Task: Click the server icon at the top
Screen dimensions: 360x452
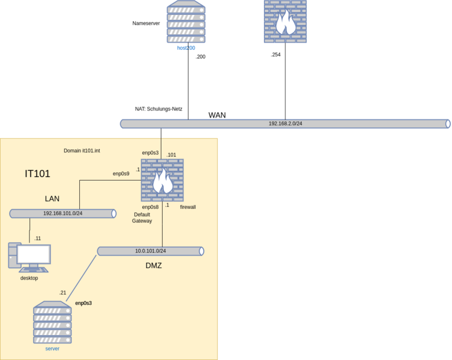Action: (x=186, y=22)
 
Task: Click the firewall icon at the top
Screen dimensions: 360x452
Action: (x=285, y=22)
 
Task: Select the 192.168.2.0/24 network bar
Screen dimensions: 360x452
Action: (x=285, y=124)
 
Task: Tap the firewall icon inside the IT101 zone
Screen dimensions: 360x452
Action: (x=162, y=180)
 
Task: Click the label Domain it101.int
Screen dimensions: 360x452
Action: (x=82, y=151)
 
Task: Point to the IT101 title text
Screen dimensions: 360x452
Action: (x=37, y=174)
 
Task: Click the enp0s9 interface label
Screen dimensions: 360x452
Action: (x=121, y=174)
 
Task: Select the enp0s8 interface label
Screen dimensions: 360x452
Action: (x=150, y=207)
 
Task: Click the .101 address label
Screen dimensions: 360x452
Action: (x=171, y=155)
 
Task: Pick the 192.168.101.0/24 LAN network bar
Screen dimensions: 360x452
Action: (x=62, y=213)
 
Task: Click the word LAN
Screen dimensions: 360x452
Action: (x=52, y=199)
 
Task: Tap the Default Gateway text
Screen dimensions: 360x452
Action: (x=142, y=218)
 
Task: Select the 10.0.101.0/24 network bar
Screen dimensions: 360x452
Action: (x=150, y=251)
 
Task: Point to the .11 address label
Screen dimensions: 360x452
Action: (x=37, y=238)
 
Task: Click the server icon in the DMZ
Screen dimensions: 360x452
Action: (x=52, y=323)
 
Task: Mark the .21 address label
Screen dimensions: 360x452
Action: (x=62, y=293)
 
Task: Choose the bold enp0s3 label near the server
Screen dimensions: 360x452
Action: (x=83, y=303)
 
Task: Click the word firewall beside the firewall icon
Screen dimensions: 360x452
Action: (x=188, y=207)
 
